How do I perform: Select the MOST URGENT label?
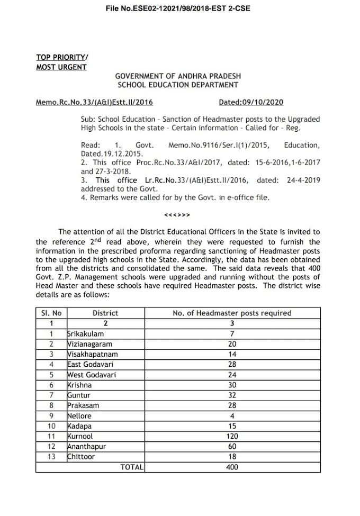click(61, 67)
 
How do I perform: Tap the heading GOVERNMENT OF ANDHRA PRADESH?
click(177, 76)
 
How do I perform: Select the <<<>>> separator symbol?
click(177, 215)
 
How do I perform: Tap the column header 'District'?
click(105, 313)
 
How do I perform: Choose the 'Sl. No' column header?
click(51, 313)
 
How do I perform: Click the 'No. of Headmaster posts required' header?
click(232, 313)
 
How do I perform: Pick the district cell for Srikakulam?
click(86, 334)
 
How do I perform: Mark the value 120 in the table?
click(232, 436)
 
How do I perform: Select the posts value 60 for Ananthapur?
click(232, 447)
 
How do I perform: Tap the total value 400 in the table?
click(232, 467)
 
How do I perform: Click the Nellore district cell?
click(79, 416)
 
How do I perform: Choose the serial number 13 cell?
click(51, 457)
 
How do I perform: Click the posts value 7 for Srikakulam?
click(232, 334)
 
